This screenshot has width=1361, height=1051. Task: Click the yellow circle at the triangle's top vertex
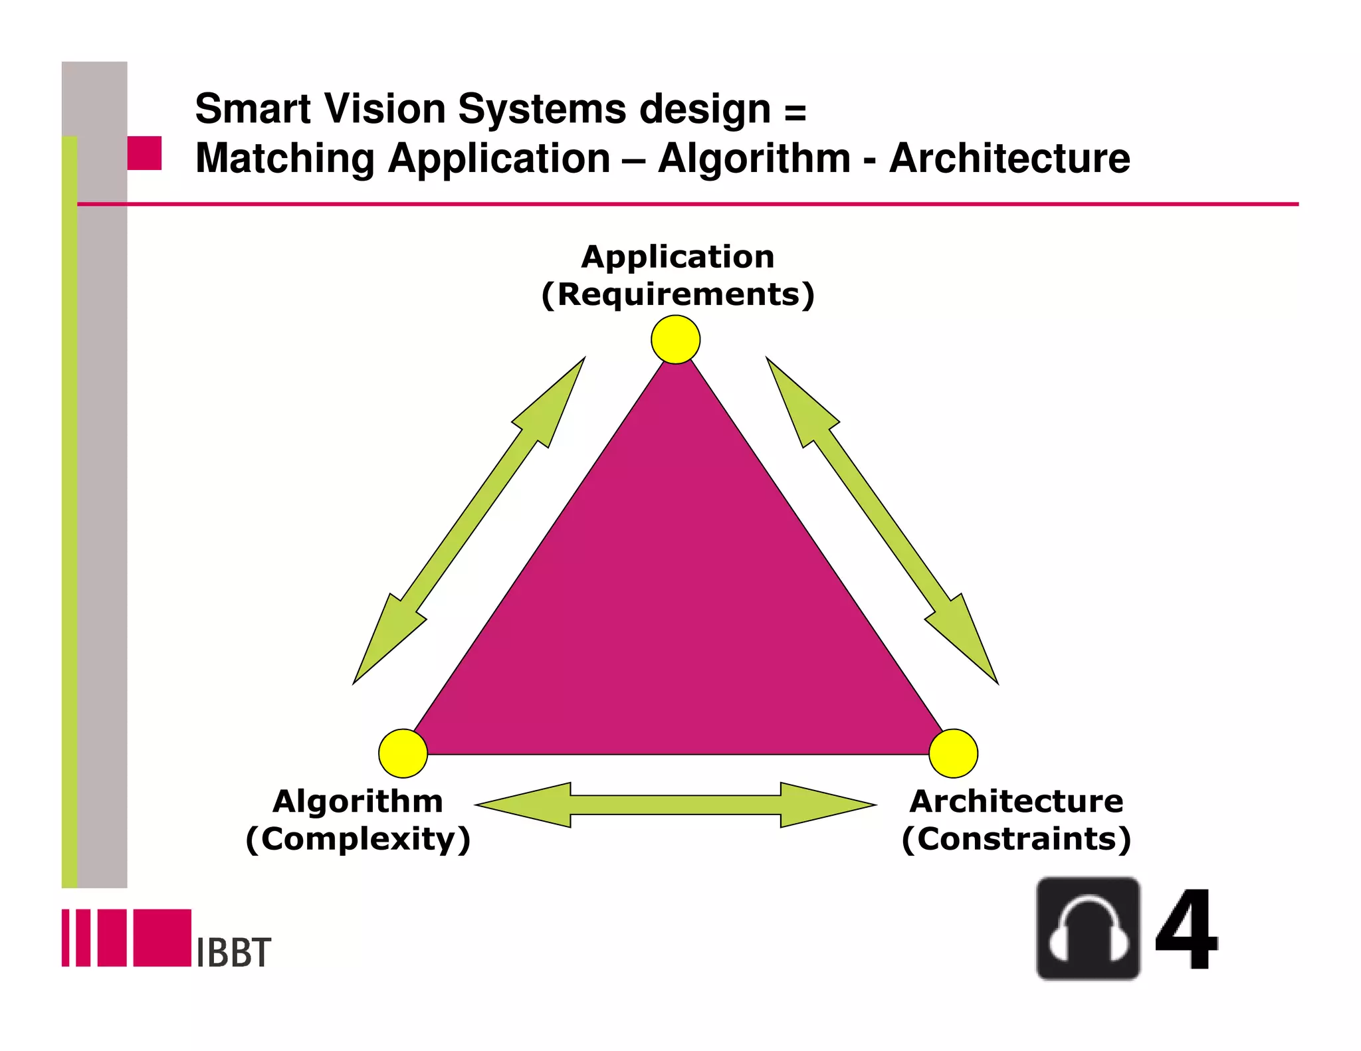(x=675, y=339)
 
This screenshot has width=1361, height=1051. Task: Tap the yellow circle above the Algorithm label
(x=403, y=753)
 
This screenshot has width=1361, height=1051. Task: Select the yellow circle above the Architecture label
(x=953, y=753)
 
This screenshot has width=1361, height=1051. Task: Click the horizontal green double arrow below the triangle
(x=675, y=805)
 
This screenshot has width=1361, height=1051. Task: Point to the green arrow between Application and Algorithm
(x=469, y=520)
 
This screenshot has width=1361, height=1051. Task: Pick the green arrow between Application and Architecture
(x=882, y=520)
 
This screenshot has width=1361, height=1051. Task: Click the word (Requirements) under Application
(x=678, y=294)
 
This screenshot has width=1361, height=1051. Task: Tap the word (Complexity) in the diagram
(x=358, y=839)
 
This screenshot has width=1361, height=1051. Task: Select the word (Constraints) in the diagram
(x=1016, y=839)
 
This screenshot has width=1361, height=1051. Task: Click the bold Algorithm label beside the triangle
(x=358, y=801)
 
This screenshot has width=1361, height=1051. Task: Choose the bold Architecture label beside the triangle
(x=1016, y=801)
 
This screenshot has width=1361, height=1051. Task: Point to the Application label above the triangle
(x=678, y=256)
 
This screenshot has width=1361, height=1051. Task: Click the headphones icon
(x=1088, y=929)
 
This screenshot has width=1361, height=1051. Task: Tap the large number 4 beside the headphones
(x=1186, y=930)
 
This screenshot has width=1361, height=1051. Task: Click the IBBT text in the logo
(x=234, y=953)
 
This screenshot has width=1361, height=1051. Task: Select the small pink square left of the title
(x=144, y=153)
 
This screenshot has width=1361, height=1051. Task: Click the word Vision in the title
(x=385, y=108)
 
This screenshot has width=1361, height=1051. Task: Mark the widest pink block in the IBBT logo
(x=162, y=937)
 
